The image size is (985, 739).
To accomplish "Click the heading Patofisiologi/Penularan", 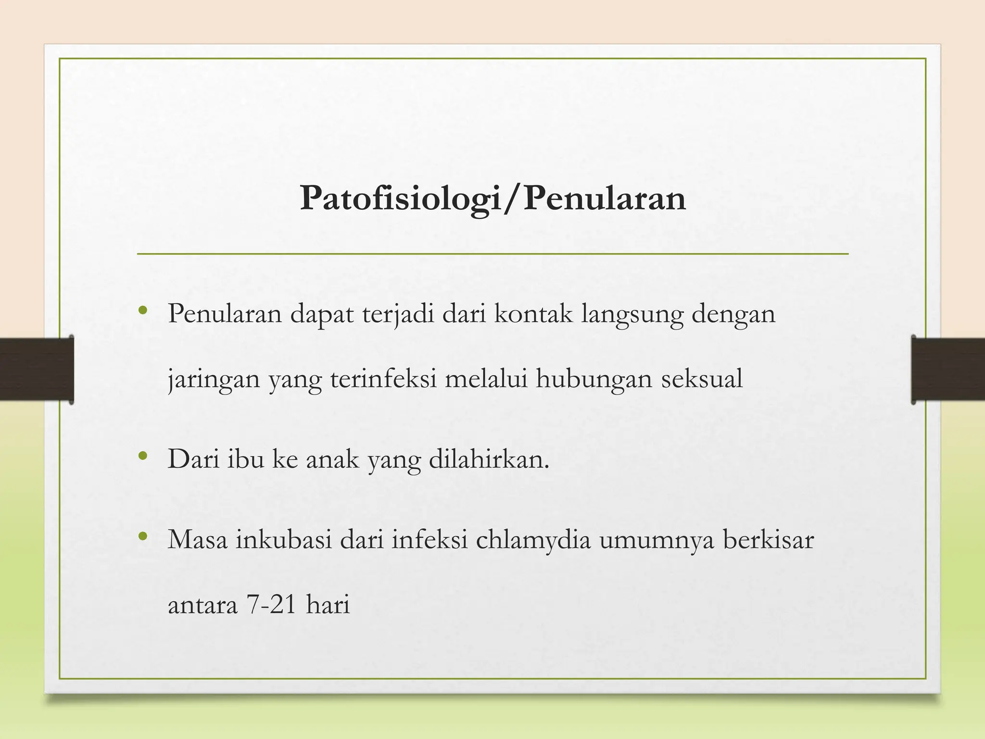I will pyautogui.click(x=492, y=198).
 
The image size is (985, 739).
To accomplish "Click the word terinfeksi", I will pyautogui.click(x=383, y=378).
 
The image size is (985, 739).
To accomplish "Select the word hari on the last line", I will pyautogui.click(x=328, y=604).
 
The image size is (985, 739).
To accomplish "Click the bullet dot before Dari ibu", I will pyautogui.click(x=142, y=456).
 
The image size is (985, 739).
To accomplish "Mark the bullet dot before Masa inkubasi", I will pyautogui.click(x=142, y=536).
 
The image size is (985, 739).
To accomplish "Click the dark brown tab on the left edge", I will pyautogui.click(x=37, y=369).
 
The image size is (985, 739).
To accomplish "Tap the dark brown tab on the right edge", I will pyautogui.click(x=948, y=369).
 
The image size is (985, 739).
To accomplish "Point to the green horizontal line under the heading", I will pyautogui.click(x=492, y=254).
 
